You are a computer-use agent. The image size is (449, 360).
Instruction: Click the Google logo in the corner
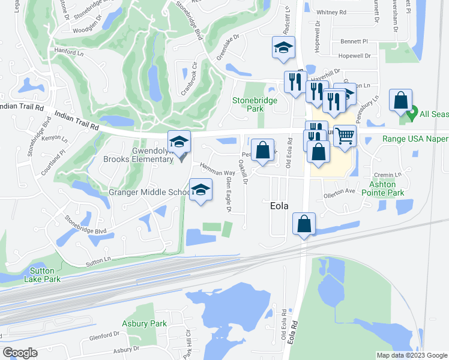pyautogui.click(x=20, y=353)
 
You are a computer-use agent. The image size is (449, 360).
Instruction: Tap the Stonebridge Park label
pyautogui.click(x=255, y=104)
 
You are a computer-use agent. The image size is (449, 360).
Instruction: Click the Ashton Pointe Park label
pyautogui.click(x=387, y=189)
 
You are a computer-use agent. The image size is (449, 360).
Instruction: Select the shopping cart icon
pyautogui.click(x=344, y=136)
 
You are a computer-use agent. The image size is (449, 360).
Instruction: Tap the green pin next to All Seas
pyautogui.click(x=412, y=113)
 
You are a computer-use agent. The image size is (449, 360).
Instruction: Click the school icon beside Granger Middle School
pyautogui.click(x=200, y=190)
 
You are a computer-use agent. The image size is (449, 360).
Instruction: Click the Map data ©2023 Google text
pyautogui.click(x=411, y=355)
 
